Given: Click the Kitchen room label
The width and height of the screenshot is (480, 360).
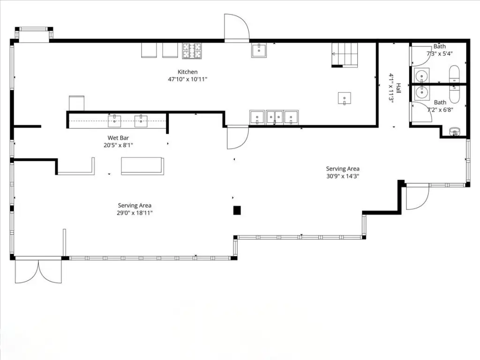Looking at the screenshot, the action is [x=187, y=72].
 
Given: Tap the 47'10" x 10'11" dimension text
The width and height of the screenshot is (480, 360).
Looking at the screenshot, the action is [x=187, y=79].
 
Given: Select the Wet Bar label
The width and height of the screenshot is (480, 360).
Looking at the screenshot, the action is [x=118, y=138].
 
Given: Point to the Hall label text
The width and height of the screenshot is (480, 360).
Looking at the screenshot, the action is [x=398, y=88].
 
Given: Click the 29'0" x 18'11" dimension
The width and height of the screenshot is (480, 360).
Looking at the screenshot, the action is [x=135, y=213].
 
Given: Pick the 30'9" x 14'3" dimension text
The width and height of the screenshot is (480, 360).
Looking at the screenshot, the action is [x=343, y=176].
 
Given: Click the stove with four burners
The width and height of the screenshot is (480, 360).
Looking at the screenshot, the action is [x=192, y=51].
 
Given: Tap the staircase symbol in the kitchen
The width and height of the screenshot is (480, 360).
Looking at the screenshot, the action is [x=345, y=55].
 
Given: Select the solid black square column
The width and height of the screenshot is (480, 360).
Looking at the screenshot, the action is [x=237, y=210].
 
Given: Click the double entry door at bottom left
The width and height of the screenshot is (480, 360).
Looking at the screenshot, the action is [x=38, y=270].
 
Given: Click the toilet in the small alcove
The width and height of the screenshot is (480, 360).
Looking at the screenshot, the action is [x=454, y=132].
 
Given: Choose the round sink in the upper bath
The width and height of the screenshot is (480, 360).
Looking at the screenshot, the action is [x=421, y=75].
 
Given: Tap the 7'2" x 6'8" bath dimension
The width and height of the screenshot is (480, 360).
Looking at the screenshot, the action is [x=440, y=110].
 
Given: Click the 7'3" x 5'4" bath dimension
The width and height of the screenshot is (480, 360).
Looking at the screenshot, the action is [x=440, y=53].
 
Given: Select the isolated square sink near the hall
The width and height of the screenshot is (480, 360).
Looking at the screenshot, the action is [x=345, y=98].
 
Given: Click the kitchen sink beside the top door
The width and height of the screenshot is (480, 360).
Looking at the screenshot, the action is [x=259, y=50].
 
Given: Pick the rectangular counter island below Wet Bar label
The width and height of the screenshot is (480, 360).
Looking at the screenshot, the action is [x=142, y=166].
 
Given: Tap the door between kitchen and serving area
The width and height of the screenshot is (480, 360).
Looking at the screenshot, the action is [x=238, y=137].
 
